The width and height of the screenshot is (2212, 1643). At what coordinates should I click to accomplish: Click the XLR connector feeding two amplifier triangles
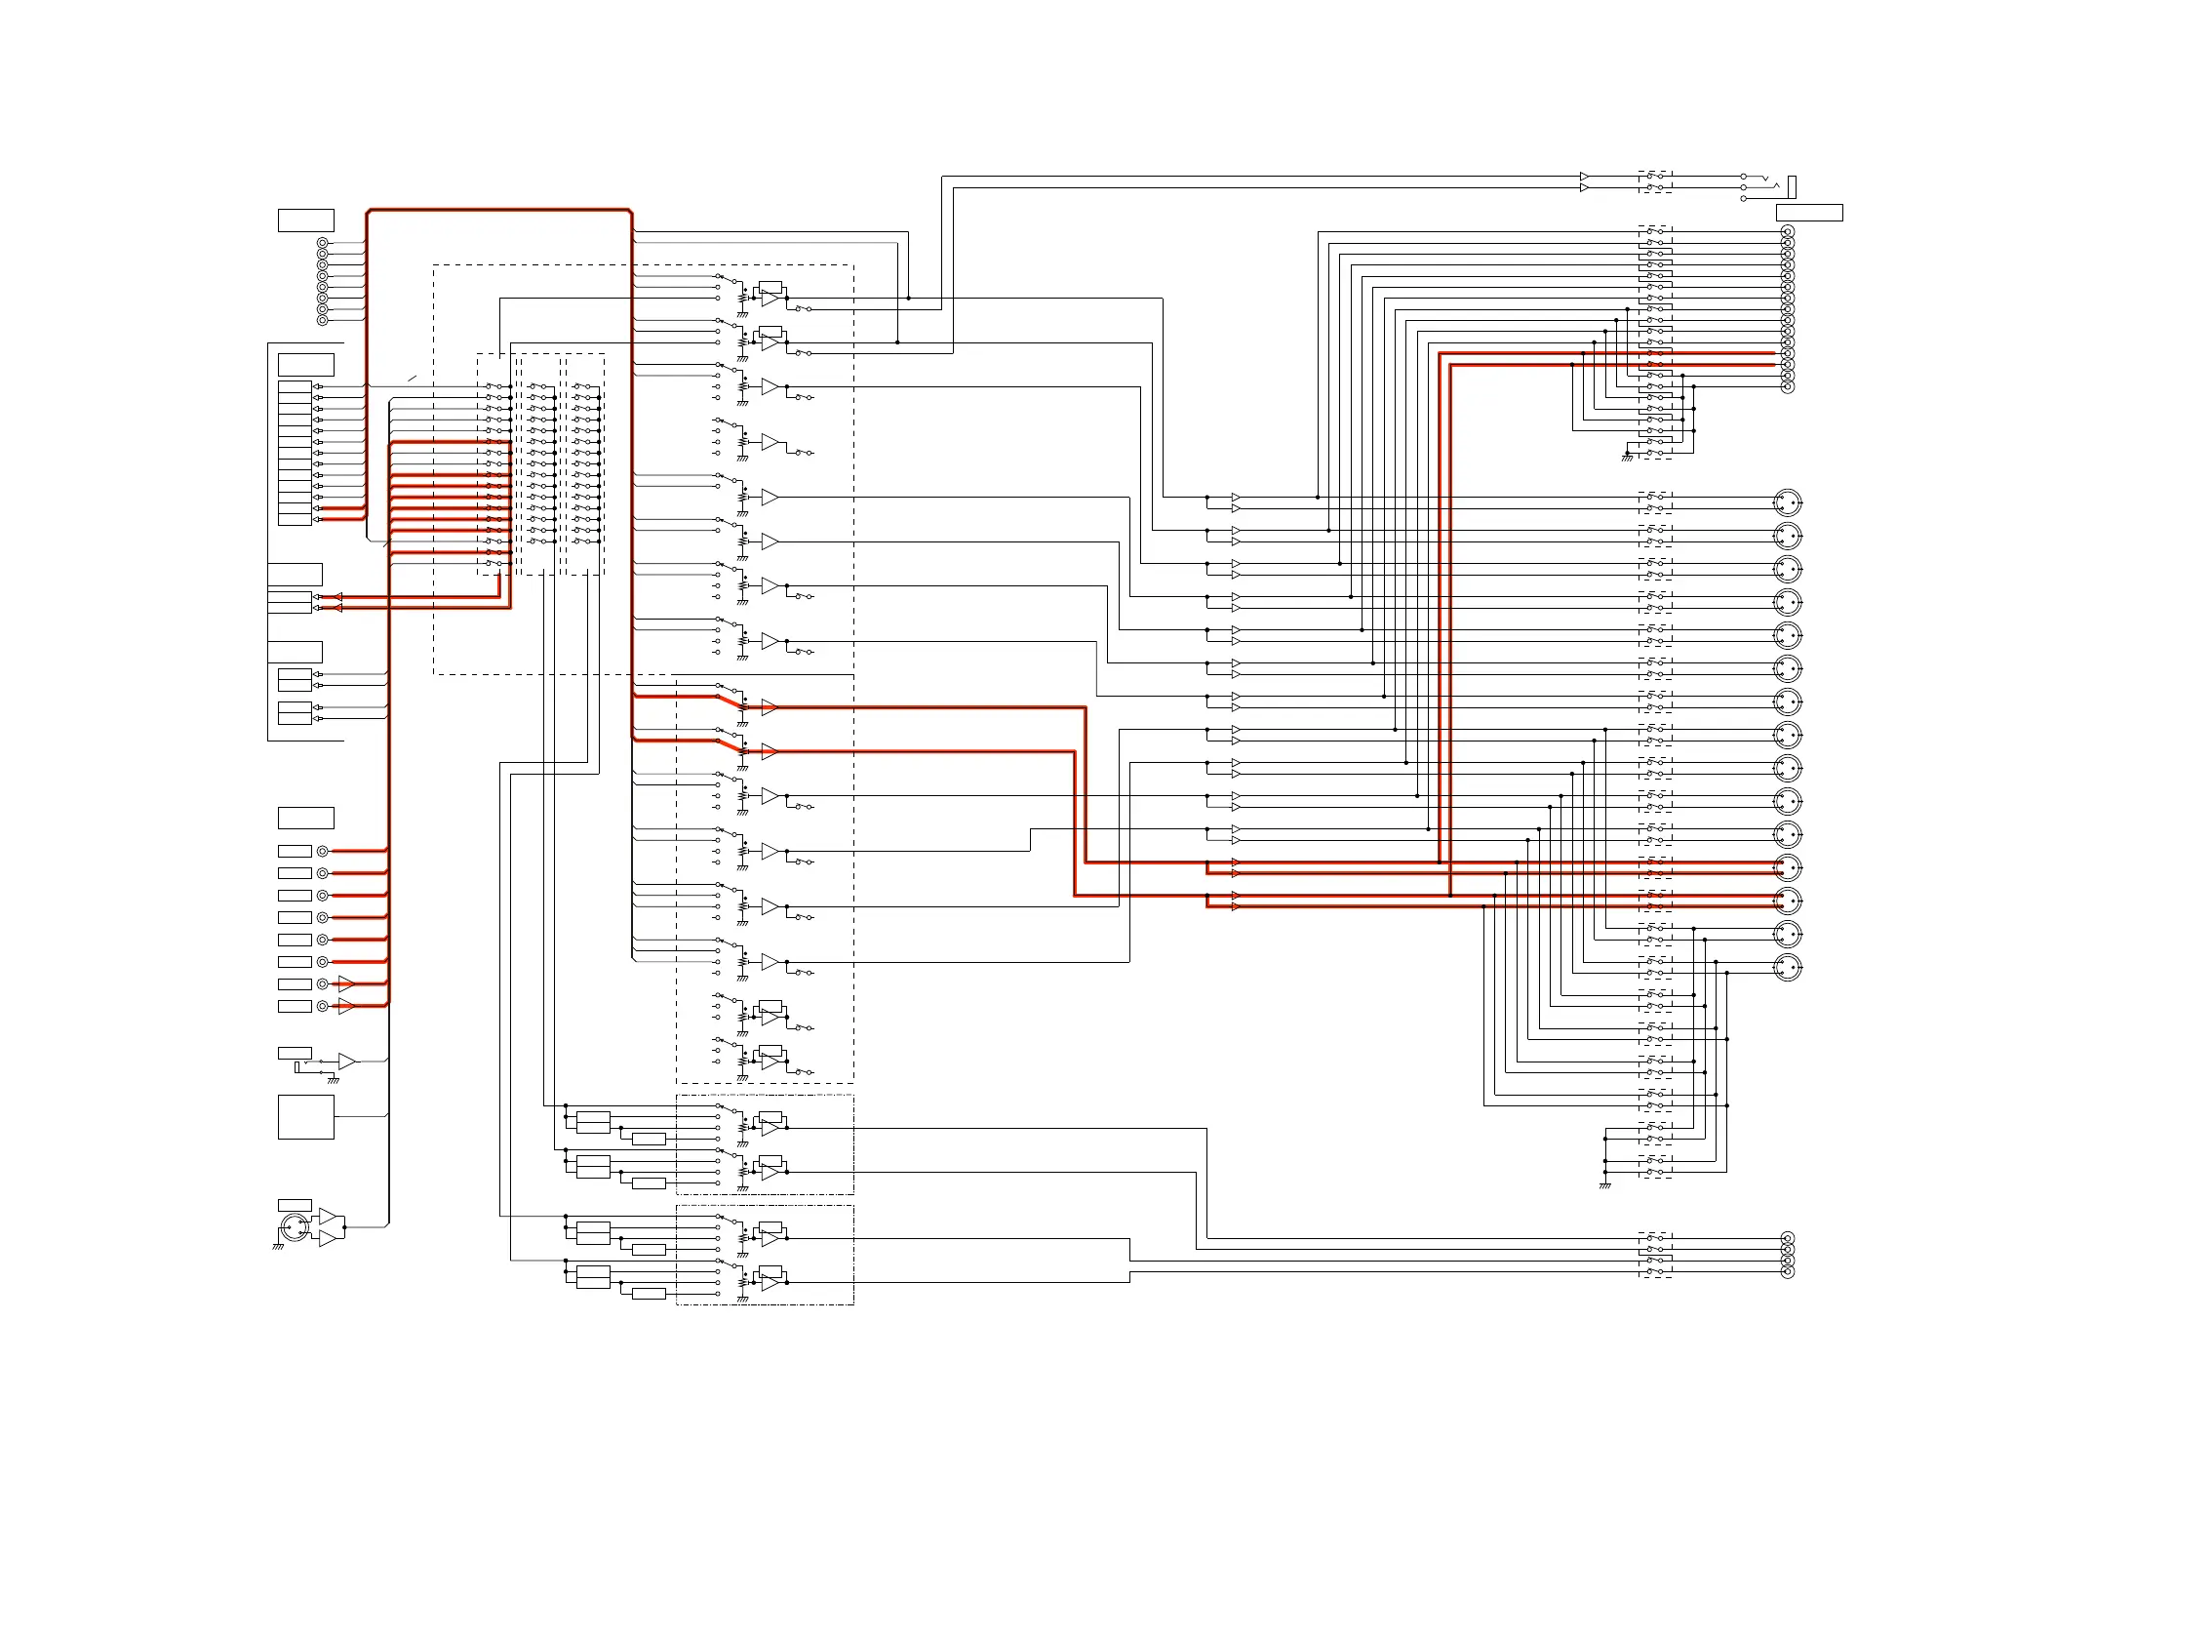(x=294, y=1227)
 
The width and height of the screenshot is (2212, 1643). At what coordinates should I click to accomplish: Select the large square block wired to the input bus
(x=305, y=1117)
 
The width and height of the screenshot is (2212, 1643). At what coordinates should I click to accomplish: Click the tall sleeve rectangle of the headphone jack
(x=1792, y=186)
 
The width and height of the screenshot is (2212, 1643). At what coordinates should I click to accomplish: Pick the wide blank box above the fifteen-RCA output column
(x=1808, y=213)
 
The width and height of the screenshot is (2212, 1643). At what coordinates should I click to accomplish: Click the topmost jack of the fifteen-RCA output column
(x=1787, y=233)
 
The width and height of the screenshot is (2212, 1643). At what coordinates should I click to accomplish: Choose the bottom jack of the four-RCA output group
(x=1787, y=1272)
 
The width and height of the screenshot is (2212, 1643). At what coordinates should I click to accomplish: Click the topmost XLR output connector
(x=1788, y=502)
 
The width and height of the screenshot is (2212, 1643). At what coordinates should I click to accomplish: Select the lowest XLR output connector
(x=1788, y=967)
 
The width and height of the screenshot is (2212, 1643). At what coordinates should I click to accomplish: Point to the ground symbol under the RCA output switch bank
(x=1627, y=458)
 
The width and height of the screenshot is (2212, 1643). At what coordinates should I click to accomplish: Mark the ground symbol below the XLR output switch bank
(x=1604, y=1185)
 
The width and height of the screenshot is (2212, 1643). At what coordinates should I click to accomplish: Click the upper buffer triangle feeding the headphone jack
(x=1584, y=177)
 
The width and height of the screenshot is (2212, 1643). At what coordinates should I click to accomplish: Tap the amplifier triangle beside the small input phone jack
(x=346, y=1062)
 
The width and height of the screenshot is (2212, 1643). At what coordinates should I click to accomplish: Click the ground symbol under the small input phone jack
(x=333, y=1080)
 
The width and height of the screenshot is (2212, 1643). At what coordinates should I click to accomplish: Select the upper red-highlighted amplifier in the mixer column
(x=769, y=707)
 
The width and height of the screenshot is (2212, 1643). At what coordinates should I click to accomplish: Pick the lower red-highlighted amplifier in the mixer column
(x=769, y=752)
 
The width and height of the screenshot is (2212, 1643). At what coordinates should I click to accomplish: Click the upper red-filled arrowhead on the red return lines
(x=338, y=597)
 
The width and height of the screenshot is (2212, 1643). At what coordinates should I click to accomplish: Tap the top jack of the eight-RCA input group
(x=322, y=244)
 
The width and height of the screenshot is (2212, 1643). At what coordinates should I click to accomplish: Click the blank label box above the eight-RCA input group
(x=305, y=220)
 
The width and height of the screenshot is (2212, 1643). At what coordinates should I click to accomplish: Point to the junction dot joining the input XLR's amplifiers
(x=344, y=1227)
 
